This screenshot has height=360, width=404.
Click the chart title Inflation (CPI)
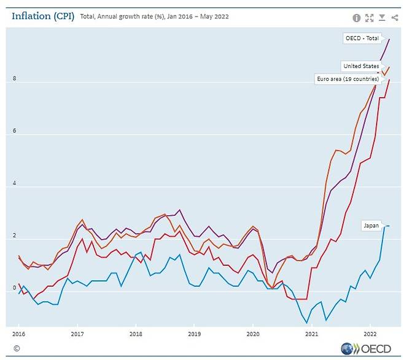point(43,16)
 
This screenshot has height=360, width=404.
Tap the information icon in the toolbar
point(357,18)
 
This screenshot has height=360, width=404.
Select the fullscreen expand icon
point(369,18)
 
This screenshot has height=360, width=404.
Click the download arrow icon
point(382,18)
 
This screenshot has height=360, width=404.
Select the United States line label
point(360,66)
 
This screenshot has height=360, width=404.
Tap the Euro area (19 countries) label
point(347,80)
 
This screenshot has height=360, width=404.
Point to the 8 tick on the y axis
point(14,79)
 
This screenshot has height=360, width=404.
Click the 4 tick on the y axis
point(14,184)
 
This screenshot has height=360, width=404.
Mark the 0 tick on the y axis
point(14,288)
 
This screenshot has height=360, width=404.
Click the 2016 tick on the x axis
point(18,334)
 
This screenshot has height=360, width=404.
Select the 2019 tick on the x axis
point(193,334)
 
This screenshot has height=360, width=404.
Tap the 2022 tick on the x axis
point(369,334)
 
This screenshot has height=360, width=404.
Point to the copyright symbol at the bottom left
point(16,348)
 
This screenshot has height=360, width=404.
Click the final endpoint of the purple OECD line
point(389,39)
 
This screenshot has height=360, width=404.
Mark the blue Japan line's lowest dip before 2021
point(306,322)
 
